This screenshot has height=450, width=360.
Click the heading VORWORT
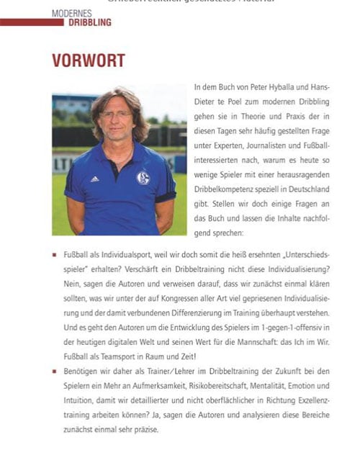pos(89,60)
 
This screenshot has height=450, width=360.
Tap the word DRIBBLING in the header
pos(90,22)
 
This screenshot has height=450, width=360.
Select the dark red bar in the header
pos(32,22)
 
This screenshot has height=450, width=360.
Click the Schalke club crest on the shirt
pos(143,177)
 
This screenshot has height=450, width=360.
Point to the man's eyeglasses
pos(116,114)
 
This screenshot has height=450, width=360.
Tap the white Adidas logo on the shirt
pos(94,179)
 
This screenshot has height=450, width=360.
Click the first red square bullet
pos(55,255)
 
